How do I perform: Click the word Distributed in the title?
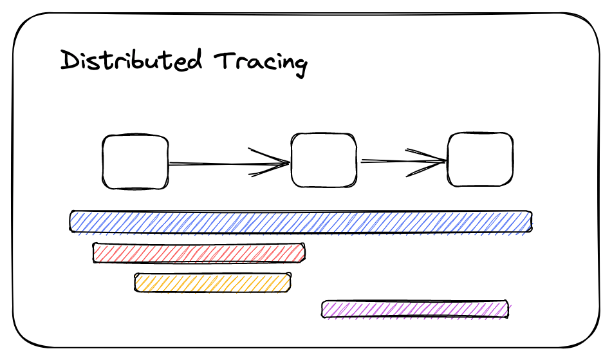point(131,61)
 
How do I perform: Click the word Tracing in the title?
point(261,63)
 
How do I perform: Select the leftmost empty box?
point(135,162)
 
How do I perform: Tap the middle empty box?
point(324,160)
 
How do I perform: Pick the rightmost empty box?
point(480,160)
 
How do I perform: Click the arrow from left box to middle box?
point(219,164)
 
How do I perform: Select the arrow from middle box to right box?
point(396,161)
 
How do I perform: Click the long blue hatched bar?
point(301,221)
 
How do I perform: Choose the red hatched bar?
point(198,252)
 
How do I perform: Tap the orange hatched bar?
point(212,283)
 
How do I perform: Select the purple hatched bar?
point(415,309)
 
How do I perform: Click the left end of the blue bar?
point(73,221)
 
